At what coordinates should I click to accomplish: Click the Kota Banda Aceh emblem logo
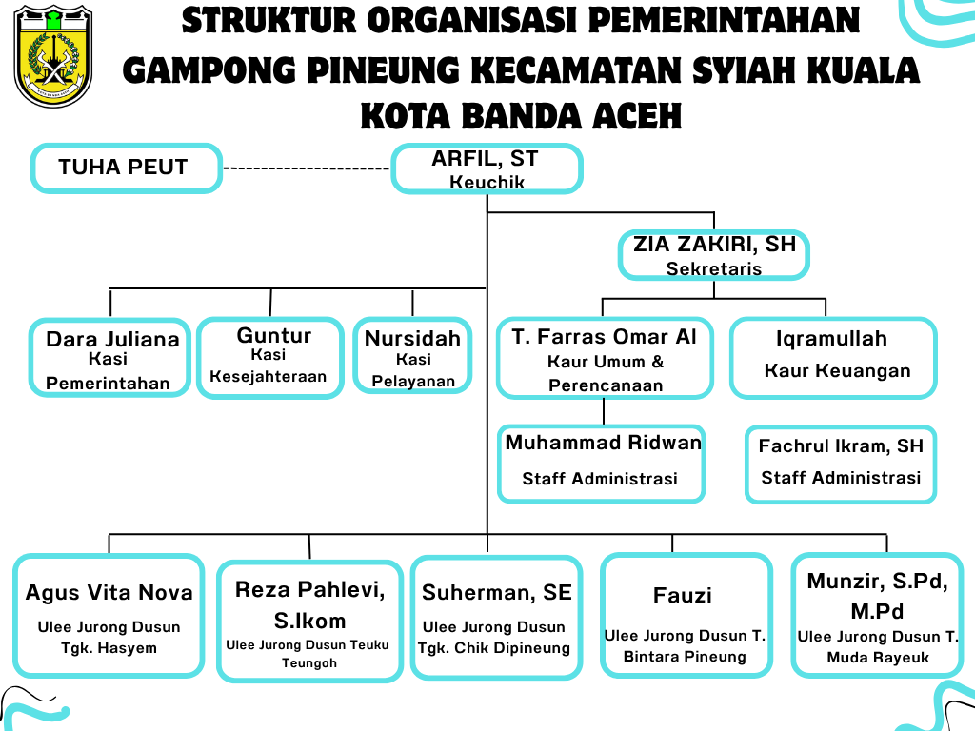coord(53,56)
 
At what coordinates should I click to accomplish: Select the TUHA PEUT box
coord(127,168)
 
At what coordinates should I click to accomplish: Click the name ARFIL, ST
coord(485,159)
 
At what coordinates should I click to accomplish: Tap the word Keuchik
coord(487,182)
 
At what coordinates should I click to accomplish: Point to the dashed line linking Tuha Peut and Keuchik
coord(306,168)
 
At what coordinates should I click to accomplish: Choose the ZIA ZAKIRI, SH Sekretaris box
coord(714,255)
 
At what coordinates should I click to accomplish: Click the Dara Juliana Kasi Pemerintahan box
coord(110,358)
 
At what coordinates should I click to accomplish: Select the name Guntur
coord(273,335)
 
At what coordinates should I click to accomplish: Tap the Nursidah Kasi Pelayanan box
coord(413,356)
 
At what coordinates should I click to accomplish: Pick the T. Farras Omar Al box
coord(605,358)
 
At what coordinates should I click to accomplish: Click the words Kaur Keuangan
coord(837,370)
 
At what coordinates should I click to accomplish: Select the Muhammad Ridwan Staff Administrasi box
coord(602,464)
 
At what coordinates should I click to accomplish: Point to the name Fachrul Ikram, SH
coord(841,445)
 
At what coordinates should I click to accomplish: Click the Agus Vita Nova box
coord(109,616)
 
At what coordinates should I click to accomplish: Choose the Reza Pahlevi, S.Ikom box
coord(309,621)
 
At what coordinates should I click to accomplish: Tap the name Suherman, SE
coord(497,592)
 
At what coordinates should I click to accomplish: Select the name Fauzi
coord(682,596)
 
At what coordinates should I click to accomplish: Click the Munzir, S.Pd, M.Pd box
coord(877,615)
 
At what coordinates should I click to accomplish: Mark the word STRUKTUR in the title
coord(269,21)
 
